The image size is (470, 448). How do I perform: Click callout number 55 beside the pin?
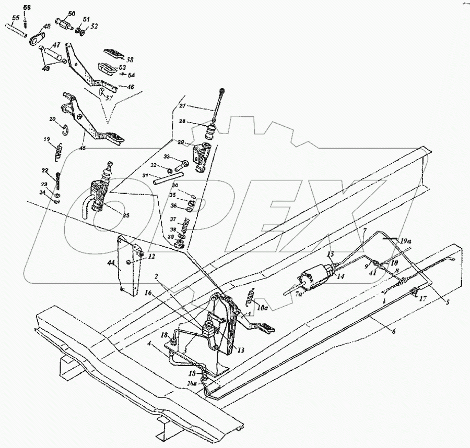(16, 18)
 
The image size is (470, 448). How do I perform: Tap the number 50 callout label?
(71, 14)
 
